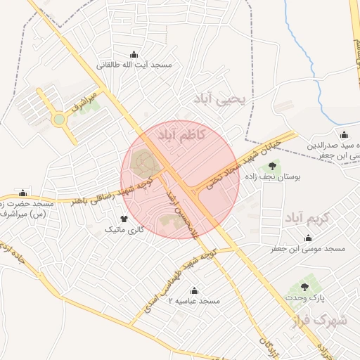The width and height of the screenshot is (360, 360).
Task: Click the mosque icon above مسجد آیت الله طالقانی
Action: pos(134,55)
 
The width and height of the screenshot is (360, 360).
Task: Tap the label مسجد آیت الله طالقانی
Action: pos(134,65)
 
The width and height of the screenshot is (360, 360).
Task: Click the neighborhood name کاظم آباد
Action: pos(182,134)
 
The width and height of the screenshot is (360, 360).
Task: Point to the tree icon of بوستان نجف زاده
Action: pos(271,167)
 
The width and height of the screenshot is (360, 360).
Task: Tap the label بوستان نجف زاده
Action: pos(271,178)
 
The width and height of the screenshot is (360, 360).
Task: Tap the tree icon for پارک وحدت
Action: pos(304,288)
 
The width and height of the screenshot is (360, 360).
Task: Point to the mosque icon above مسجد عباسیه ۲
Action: pos(195,291)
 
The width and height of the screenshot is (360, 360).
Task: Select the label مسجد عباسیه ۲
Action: pos(194,301)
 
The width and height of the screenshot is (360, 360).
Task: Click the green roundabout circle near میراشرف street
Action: pos(59,120)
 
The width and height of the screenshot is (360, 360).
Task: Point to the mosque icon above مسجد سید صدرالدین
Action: pos(343,135)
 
